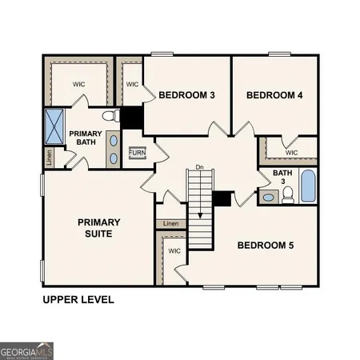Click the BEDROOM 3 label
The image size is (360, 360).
pyautogui.click(x=186, y=95)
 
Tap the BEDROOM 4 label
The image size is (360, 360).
pyautogui.click(x=274, y=95)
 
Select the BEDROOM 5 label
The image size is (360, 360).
pyautogui.click(x=266, y=245)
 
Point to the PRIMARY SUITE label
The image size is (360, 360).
pyautogui.click(x=98, y=227)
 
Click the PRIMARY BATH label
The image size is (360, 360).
pyautogui.click(x=83, y=138)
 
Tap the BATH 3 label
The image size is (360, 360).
pyautogui.click(x=282, y=177)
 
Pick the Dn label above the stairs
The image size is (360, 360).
pyautogui.click(x=201, y=167)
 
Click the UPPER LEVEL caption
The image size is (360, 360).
pyautogui.click(x=78, y=300)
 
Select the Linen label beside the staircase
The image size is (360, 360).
pyautogui.click(x=170, y=224)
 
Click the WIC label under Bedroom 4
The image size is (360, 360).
pyautogui.click(x=291, y=152)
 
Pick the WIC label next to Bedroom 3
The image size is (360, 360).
pyautogui.click(x=132, y=84)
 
